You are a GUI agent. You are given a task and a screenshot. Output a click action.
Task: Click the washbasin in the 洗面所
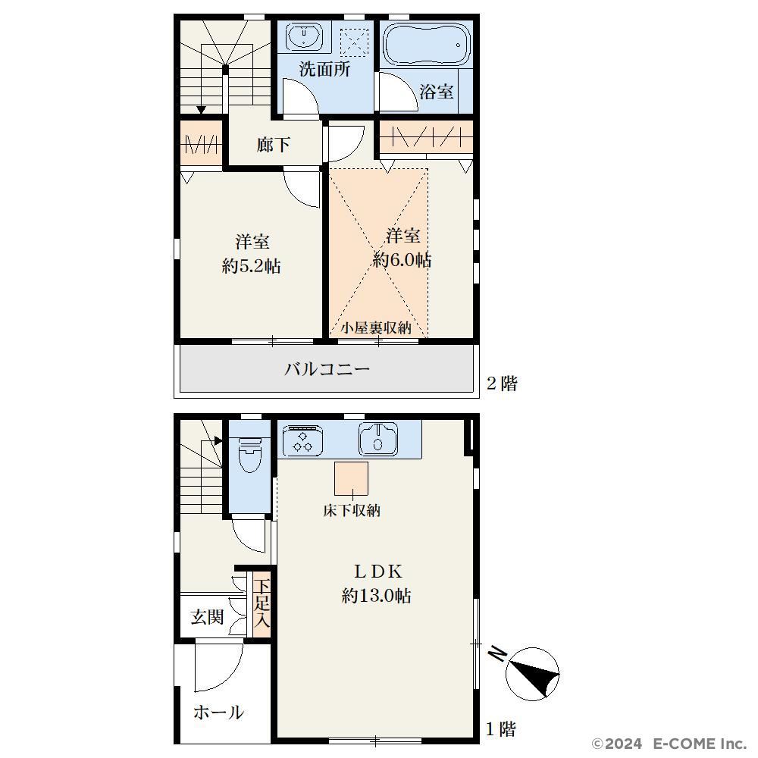[304, 36]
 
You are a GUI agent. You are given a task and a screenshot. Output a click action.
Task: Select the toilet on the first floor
[249, 454]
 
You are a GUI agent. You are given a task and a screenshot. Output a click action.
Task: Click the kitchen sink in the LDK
[378, 439]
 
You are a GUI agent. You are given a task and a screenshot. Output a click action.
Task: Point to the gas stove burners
[302, 441]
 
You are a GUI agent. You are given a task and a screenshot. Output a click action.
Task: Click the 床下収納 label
[352, 510]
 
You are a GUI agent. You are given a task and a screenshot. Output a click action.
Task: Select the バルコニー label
[327, 369]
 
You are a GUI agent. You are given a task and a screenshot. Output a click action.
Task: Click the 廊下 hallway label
[274, 145]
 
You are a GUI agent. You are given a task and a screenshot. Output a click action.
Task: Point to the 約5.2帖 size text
[252, 266]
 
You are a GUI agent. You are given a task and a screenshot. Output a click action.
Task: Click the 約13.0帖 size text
[377, 596]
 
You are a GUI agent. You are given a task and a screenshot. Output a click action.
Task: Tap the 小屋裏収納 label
[376, 328]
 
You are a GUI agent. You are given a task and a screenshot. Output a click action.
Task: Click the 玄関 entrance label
[207, 617]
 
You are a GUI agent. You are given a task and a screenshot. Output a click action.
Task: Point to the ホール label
[219, 712]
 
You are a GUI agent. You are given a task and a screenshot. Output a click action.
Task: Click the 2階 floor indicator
[503, 384]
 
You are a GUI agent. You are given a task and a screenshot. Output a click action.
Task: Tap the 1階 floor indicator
[501, 729]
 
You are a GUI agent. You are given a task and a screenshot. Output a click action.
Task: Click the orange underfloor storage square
[352, 478]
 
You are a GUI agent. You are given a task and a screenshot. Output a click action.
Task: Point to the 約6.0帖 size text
[402, 261]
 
